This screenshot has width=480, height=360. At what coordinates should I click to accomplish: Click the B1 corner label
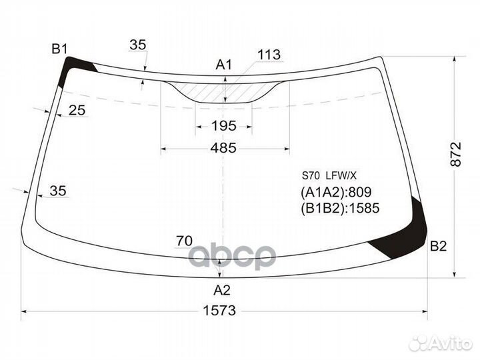[x=60, y=49]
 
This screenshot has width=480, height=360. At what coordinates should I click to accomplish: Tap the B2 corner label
[x=438, y=247]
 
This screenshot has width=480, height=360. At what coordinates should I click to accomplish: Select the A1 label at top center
[x=223, y=65]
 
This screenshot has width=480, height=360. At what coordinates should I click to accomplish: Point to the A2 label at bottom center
[x=221, y=290]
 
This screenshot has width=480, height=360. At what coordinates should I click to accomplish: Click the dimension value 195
[x=223, y=126]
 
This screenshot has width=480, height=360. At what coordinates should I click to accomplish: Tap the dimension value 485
[x=223, y=148]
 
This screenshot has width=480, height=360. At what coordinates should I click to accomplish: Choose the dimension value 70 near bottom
[x=184, y=241]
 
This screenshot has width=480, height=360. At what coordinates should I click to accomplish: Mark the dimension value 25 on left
[x=77, y=111]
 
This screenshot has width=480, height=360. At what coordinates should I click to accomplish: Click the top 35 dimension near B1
[x=137, y=45]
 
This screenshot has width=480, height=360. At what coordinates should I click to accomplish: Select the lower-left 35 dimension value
[x=58, y=191]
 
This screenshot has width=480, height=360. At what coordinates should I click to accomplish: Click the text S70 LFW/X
[x=330, y=176]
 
